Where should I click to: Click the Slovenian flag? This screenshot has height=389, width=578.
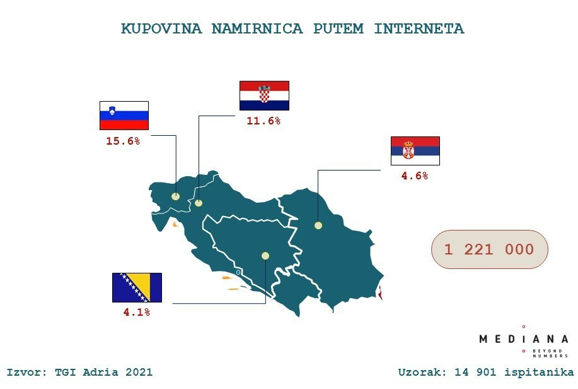pos(124,116)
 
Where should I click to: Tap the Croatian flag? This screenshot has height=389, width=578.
pos(264,96)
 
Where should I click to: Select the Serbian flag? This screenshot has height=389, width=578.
pos(415,151)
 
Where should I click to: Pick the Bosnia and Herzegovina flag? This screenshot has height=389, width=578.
pos(137,287)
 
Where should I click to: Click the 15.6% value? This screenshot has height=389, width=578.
pos(123,141)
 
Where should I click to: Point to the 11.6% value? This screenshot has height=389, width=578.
pos(263,121)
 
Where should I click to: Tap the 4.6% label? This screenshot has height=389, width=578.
pos(415,176)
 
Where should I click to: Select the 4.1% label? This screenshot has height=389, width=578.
pos(137,312)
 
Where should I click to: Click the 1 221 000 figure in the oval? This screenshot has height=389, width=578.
pos(489,249)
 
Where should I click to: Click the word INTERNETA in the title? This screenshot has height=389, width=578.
pos(419,29)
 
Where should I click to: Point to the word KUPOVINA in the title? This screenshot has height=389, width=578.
pos(161,29)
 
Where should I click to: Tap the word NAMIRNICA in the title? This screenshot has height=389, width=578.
pos(257,29)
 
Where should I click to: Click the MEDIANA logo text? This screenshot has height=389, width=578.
pos(523,339)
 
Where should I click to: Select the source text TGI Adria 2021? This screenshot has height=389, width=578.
pos(103,372)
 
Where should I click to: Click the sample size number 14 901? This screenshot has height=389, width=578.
pos(475,372)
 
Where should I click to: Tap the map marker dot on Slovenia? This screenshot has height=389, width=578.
pos(175,196)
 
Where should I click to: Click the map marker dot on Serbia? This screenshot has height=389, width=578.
pos(318,225)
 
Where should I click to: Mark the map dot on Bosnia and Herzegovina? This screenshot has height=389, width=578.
pos(265,256)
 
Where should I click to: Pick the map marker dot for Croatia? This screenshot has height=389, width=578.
pos(199,203)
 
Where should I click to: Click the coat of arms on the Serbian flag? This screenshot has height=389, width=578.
pos(408,150)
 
